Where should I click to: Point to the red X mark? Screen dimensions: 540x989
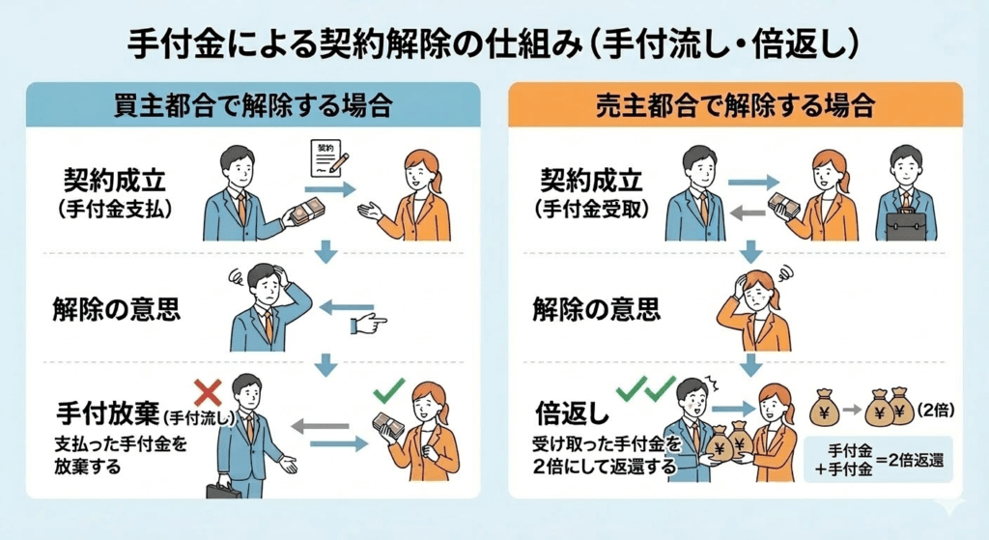[x=209, y=391]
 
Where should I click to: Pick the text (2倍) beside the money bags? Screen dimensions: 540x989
[x=936, y=409]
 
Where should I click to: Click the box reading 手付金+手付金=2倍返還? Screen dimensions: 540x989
[x=877, y=459]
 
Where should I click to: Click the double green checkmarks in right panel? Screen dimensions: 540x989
[x=645, y=388]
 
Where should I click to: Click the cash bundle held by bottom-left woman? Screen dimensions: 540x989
[x=391, y=426]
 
